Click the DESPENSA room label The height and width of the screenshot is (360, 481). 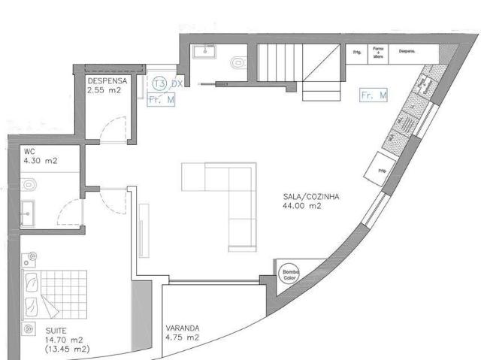pyautogui.click(x=105, y=80)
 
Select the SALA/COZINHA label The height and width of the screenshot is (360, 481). pyautogui.click(x=311, y=196)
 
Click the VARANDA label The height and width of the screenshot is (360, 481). pyautogui.click(x=182, y=328)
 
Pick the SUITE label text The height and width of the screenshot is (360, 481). pyautogui.click(x=55, y=330)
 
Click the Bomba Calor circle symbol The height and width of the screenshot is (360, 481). pyautogui.click(x=289, y=274)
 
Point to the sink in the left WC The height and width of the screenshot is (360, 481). pyautogui.click(x=28, y=212)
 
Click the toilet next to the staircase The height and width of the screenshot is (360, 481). pyautogui.click(x=237, y=64)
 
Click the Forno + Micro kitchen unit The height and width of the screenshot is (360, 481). pyautogui.click(x=380, y=52)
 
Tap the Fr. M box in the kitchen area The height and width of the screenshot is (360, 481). pyautogui.click(x=374, y=95)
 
